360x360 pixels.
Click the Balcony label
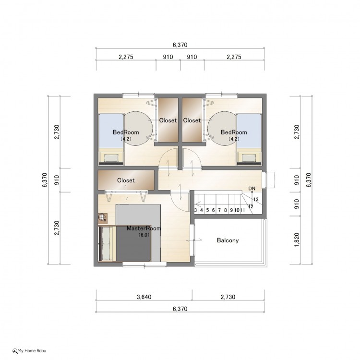(228, 240)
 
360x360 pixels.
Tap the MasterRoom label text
(144, 228)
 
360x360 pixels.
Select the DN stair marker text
(252, 189)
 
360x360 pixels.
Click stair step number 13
(256, 200)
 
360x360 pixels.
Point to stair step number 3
(195, 210)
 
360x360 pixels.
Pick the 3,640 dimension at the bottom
(144, 297)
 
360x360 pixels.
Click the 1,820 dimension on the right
(297, 240)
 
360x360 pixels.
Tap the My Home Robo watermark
(29, 350)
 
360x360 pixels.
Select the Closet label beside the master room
(126, 180)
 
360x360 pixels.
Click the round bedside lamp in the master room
(102, 217)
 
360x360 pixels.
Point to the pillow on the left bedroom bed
(111, 158)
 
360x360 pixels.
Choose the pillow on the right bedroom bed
(249, 158)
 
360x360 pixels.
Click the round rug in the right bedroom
(222, 129)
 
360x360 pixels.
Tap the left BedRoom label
(126, 132)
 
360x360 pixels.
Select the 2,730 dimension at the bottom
(228, 297)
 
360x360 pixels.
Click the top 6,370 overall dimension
(180, 45)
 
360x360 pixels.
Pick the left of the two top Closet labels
(168, 120)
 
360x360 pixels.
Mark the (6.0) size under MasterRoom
(144, 235)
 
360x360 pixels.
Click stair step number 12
(251, 206)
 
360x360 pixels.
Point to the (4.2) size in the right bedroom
(234, 139)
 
